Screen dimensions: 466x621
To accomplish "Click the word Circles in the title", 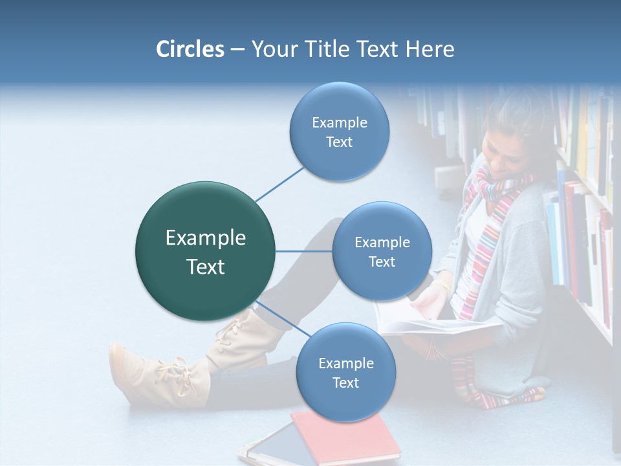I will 190,49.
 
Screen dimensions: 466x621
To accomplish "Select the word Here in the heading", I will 430,49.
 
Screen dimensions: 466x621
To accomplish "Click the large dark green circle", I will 205,251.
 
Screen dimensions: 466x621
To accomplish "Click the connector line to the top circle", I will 280,184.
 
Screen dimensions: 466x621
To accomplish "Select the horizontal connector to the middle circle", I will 304,251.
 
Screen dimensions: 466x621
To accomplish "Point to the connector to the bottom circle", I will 278,317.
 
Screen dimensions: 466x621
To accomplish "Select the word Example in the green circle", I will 205,238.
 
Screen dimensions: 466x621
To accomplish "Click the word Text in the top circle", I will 339,142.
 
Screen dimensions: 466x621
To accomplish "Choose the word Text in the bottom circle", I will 345,383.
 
